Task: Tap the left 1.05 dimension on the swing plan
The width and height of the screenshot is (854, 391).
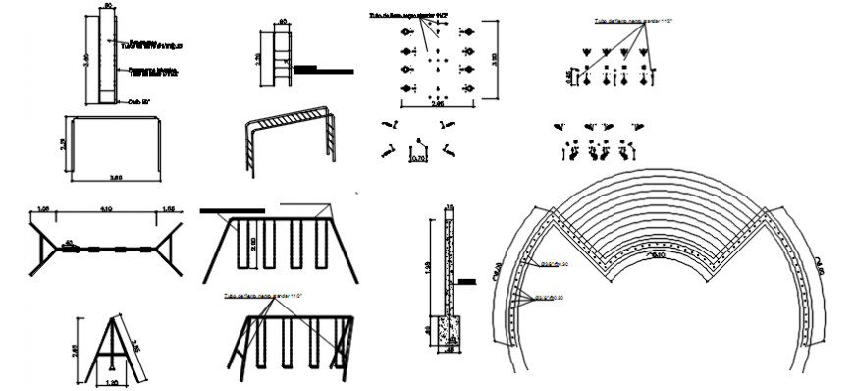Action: point(42,209)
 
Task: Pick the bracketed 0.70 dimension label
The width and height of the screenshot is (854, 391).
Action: point(419,155)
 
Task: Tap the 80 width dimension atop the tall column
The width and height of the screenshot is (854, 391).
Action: point(109,7)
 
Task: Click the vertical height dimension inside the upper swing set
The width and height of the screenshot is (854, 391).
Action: point(253,243)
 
